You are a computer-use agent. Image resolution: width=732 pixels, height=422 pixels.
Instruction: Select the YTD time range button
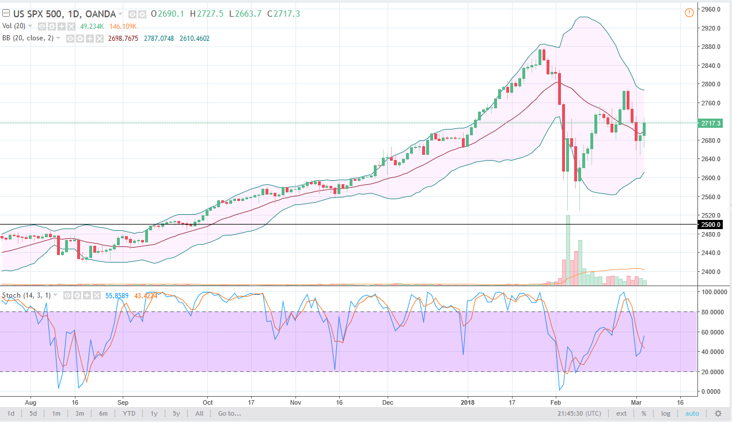(128, 413)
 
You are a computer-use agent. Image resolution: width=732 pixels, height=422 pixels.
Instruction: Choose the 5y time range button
(176, 413)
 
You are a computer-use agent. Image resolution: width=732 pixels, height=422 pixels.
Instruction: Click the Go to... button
(229, 413)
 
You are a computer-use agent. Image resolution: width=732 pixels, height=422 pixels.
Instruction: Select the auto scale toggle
(692, 413)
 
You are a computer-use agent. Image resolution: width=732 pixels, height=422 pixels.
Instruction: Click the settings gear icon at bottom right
(718, 413)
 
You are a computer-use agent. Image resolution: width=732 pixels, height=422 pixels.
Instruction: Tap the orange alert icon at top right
(689, 13)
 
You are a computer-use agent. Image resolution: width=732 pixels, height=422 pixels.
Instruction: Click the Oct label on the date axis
(207, 402)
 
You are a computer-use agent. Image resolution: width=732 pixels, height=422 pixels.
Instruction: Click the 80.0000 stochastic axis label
(712, 312)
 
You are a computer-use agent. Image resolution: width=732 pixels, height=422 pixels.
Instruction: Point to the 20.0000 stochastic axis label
(712, 372)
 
